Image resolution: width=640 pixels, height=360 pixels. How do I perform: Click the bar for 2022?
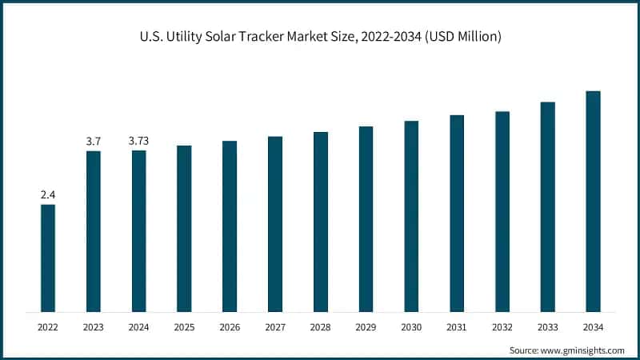click(48, 258)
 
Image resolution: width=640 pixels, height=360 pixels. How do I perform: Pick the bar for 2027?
click(275, 224)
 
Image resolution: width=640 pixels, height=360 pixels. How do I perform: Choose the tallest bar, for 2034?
click(593, 201)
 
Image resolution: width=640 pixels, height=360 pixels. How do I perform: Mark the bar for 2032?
click(502, 211)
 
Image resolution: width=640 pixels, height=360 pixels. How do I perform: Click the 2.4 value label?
click(48, 194)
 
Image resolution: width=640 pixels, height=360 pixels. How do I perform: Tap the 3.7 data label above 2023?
click(94, 141)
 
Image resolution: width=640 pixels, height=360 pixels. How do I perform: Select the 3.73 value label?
click(139, 141)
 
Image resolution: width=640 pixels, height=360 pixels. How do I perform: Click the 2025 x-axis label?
click(184, 327)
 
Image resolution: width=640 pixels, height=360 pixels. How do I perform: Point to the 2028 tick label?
click(321, 327)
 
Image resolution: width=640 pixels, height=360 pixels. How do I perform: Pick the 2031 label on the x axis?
click(457, 327)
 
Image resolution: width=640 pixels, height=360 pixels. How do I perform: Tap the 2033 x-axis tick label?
click(547, 327)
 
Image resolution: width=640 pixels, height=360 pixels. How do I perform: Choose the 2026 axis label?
click(230, 327)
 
